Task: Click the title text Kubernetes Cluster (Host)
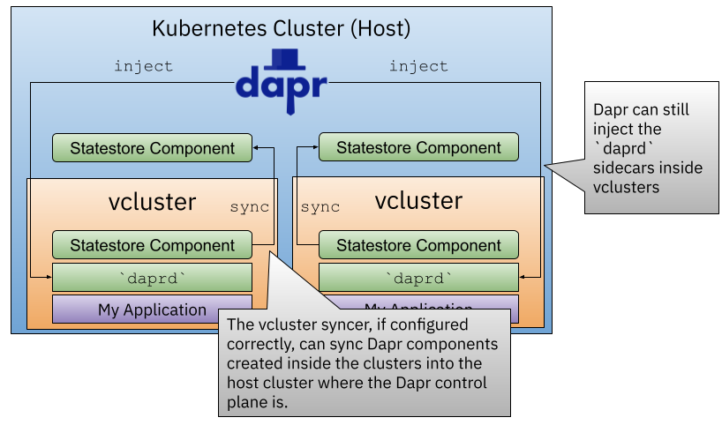pyautogui.click(x=282, y=27)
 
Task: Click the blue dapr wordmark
pyautogui.click(x=281, y=86)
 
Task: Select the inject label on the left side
pyautogui.click(x=143, y=66)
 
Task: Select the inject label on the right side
pyautogui.click(x=418, y=66)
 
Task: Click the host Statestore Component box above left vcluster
pyautogui.click(x=152, y=148)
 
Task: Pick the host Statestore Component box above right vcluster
pyautogui.click(x=418, y=148)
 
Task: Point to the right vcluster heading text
pyautogui.click(x=418, y=201)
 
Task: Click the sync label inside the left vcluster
pyautogui.click(x=250, y=207)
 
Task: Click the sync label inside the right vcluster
pyautogui.click(x=320, y=207)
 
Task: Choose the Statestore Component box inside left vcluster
pyautogui.click(x=152, y=245)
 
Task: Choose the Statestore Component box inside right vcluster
pyautogui.click(x=418, y=245)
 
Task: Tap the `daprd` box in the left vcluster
pyautogui.click(x=152, y=278)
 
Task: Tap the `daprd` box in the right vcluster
pyautogui.click(x=418, y=278)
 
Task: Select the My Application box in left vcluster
pyautogui.click(x=152, y=309)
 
